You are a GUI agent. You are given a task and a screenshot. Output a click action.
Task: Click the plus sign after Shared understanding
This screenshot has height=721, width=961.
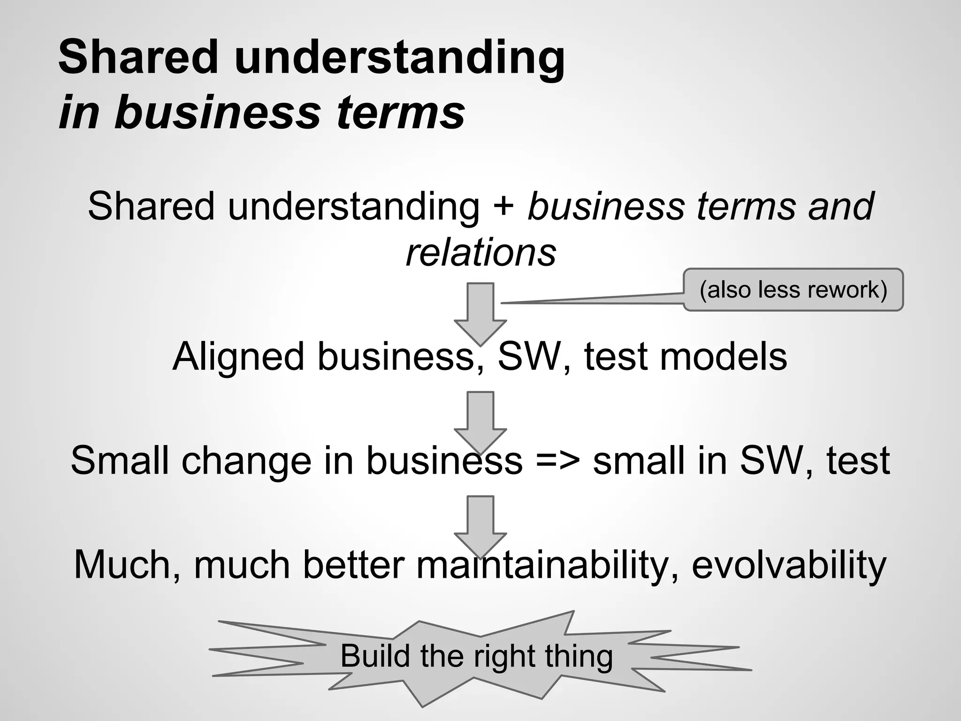503,207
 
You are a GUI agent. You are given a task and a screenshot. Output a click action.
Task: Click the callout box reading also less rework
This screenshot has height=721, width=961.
793,290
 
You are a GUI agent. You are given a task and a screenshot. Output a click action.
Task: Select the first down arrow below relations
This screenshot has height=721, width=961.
480,312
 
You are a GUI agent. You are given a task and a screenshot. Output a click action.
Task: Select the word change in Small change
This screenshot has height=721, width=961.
246,461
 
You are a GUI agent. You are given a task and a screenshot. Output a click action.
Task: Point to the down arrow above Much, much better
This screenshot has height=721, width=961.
480,525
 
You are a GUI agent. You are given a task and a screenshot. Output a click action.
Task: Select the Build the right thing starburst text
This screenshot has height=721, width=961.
476,656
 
